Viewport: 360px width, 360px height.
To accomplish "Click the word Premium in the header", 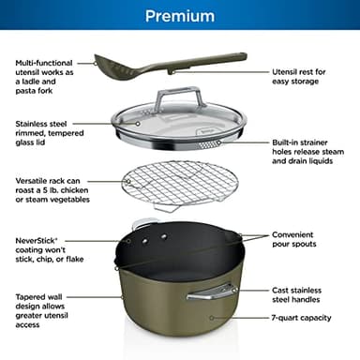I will (x=179, y=16).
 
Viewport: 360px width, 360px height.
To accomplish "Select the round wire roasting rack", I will (x=178, y=187).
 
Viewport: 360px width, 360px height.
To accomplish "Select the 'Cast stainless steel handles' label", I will (x=299, y=296).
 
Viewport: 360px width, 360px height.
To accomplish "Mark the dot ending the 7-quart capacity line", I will (x=211, y=319).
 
